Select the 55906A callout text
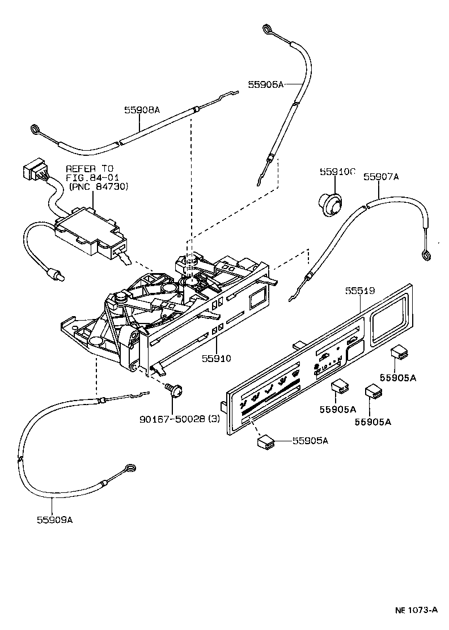[x=265, y=84]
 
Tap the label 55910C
[x=337, y=172]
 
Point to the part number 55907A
[x=381, y=177]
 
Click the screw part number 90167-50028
[x=173, y=419]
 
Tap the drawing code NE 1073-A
[x=416, y=610]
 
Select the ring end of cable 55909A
[x=130, y=469]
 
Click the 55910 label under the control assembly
[x=217, y=358]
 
